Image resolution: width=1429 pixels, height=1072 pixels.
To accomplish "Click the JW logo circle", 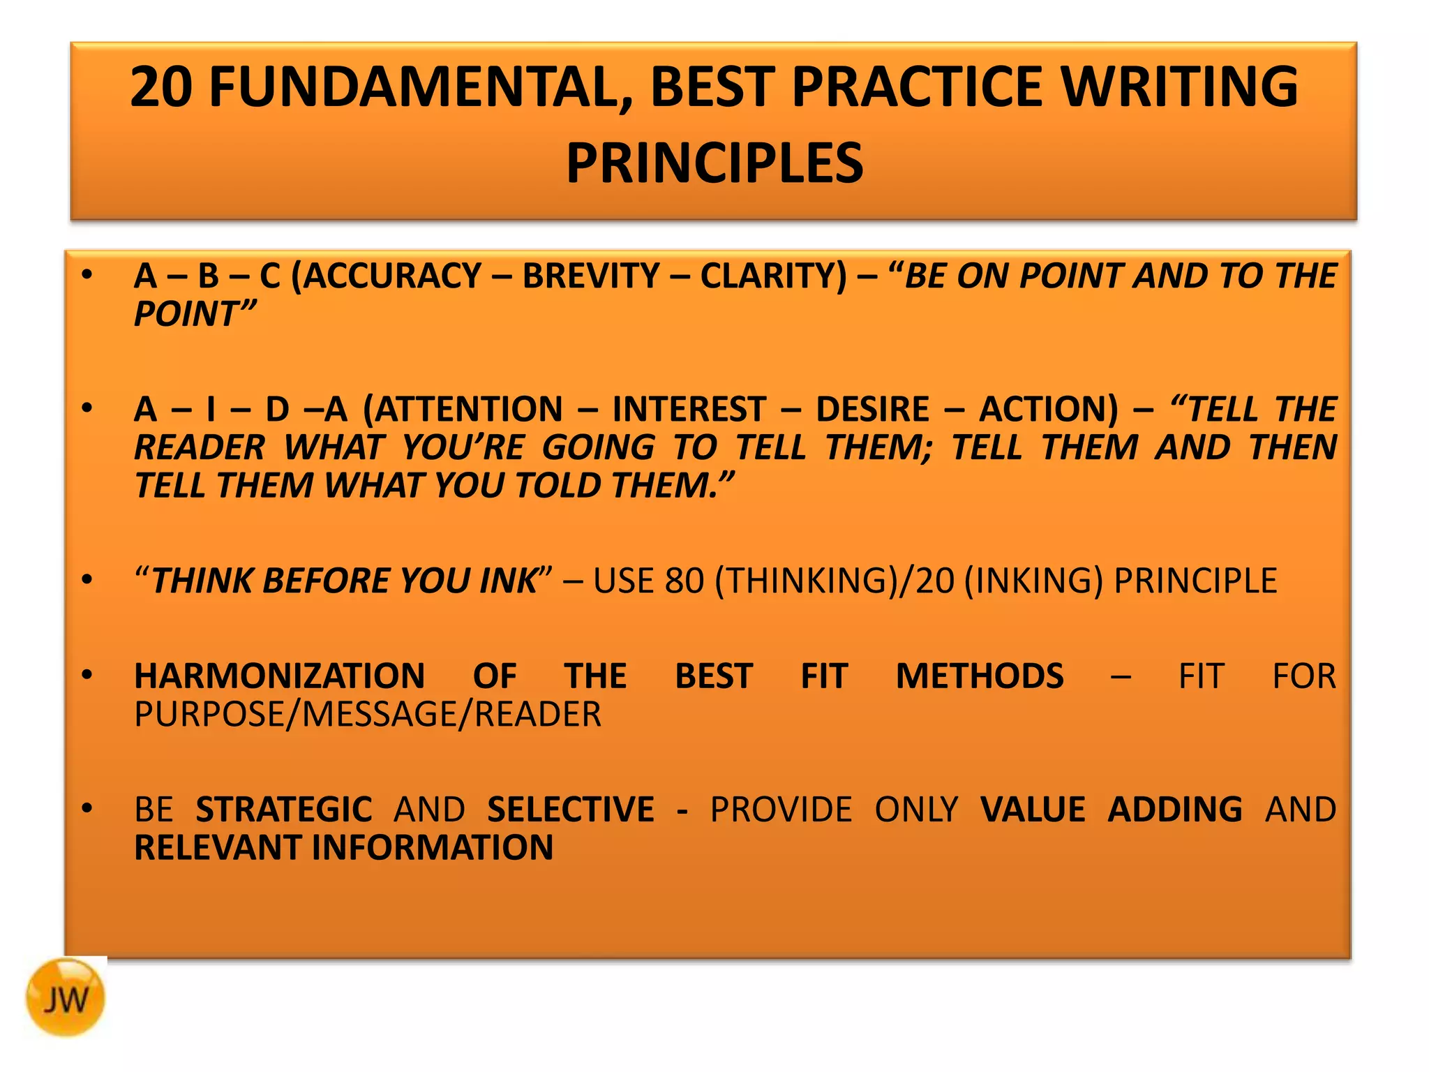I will (66, 997).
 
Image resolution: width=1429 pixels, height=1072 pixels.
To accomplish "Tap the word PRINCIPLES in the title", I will (714, 163).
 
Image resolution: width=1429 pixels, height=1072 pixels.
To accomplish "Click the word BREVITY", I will (590, 276).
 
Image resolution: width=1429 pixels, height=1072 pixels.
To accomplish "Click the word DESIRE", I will (872, 409).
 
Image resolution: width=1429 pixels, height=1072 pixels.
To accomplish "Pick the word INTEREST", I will (689, 409).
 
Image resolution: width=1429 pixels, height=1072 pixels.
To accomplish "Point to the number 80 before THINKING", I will (684, 581).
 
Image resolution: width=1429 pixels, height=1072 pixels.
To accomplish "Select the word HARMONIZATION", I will (279, 676).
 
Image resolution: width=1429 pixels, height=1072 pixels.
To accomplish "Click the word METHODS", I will (979, 676).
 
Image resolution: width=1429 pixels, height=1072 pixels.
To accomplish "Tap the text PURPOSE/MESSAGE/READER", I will (368, 715).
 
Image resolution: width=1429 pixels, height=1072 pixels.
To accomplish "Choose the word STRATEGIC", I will (283, 810).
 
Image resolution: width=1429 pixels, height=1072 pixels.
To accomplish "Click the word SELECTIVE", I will (570, 810).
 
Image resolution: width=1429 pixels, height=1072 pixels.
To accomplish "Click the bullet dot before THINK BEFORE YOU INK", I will (87, 580).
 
